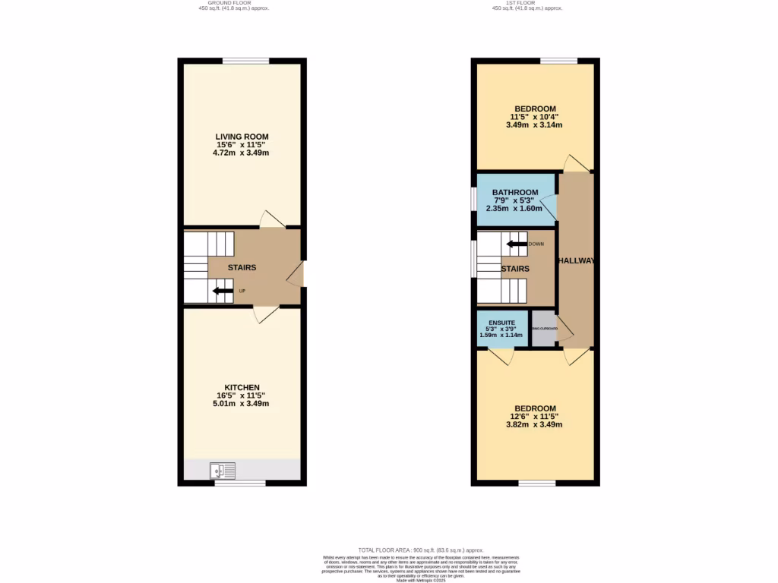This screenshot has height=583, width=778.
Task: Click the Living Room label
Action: [x=241, y=136]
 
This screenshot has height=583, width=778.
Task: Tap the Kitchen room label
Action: [x=241, y=386]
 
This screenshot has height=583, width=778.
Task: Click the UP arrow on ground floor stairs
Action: [x=223, y=290]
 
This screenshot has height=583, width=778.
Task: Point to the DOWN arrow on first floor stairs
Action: [x=517, y=244]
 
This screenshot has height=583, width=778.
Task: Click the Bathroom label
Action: [x=514, y=192]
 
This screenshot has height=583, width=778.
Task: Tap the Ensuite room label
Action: [x=502, y=322]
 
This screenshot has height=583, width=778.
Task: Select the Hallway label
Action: [x=576, y=260]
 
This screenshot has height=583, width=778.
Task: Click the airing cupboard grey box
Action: [x=544, y=329]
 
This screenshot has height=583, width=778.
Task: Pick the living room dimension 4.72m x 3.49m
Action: [x=241, y=153]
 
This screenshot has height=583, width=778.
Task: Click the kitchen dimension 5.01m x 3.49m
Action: [x=241, y=403]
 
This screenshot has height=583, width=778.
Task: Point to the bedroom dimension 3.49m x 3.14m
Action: [x=534, y=125]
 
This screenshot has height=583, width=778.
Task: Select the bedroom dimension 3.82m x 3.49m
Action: [x=534, y=424]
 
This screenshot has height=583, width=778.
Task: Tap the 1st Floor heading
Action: [x=527, y=3]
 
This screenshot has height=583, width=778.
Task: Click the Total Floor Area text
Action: [x=420, y=550]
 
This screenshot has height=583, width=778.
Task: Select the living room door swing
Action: [x=272, y=219]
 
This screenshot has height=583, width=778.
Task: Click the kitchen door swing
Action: [x=266, y=314]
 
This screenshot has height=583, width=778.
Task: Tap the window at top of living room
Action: [x=245, y=61]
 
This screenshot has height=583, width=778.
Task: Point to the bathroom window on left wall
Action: [x=473, y=199]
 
